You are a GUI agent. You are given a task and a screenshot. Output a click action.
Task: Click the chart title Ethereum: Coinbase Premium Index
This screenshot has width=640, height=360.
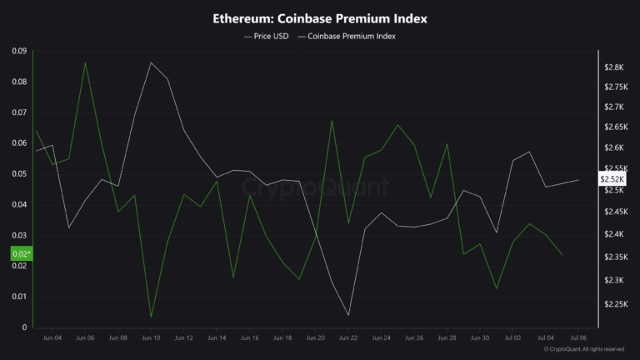[x=319, y=17]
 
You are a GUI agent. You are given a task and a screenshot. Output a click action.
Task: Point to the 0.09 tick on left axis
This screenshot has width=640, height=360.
[x=18, y=52]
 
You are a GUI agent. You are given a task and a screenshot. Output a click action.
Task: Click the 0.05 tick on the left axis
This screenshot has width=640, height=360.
[x=18, y=174]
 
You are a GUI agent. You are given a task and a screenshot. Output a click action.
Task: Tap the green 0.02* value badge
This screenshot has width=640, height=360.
[x=21, y=253]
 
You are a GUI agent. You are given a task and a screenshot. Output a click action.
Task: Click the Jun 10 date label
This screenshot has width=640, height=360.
[x=151, y=338]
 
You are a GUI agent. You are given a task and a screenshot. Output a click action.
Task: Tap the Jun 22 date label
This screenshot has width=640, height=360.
[x=348, y=338]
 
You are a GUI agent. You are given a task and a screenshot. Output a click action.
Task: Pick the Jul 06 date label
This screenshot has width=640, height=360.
[x=577, y=338]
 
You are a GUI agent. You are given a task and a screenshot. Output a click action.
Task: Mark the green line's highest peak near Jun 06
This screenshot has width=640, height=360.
[x=85, y=62]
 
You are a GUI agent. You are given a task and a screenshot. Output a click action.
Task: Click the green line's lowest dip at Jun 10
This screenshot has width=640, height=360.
[x=151, y=317]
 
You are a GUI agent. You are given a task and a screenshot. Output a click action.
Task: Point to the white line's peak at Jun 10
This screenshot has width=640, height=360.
[x=151, y=62]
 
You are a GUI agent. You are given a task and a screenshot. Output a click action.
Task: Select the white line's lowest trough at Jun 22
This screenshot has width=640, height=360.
[x=348, y=315]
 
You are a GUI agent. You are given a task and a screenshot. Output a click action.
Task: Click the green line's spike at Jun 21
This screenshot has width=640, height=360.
[x=332, y=121]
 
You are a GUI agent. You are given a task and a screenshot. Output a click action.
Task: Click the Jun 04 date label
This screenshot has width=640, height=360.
[x=52, y=338]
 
